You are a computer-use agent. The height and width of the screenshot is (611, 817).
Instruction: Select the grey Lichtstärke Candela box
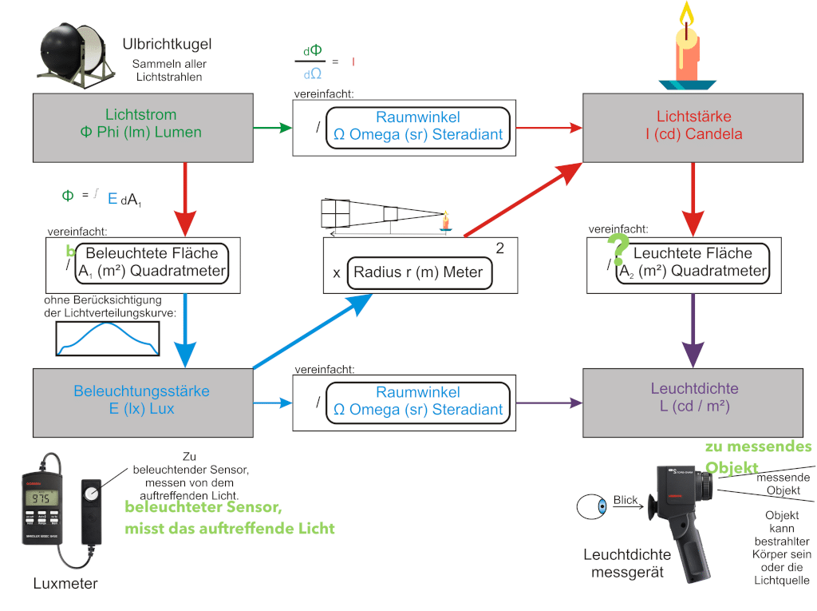click(x=693, y=127)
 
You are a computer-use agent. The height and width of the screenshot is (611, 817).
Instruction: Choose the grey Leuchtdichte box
click(x=693, y=400)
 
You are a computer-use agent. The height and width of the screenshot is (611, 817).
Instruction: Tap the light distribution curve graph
click(x=107, y=339)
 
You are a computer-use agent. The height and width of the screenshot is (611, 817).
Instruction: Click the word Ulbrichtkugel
click(x=167, y=44)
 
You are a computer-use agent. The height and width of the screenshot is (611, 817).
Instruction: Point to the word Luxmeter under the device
click(x=65, y=583)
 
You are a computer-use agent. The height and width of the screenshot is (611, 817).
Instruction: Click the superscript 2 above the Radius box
click(x=500, y=248)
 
